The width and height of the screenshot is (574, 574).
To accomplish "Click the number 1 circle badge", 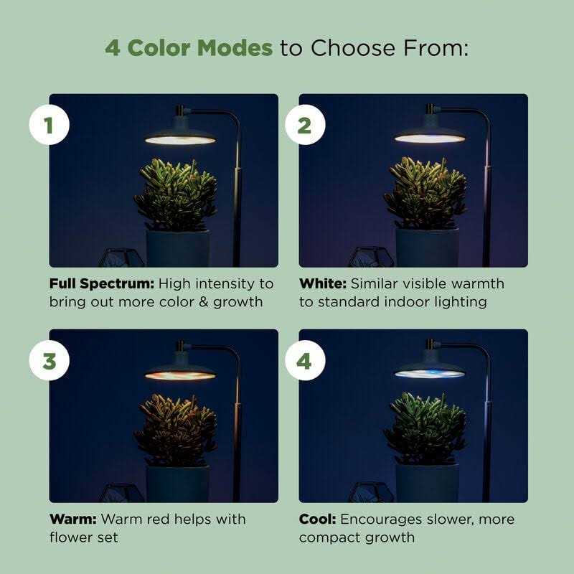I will click(x=49, y=126).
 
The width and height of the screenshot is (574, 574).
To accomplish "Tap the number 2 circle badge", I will click(x=304, y=126).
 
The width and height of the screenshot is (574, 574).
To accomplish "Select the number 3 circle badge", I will click(x=49, y=361).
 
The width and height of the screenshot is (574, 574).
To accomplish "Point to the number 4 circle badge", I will click(x=304, y=361).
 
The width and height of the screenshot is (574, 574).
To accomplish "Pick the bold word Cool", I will click(x=317, y=519).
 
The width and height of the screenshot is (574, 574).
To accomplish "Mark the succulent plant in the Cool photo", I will click(x=425, y=429).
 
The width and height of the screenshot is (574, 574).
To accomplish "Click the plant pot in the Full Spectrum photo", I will click(x=178, y=248).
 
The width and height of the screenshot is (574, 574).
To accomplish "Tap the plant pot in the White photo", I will click(x=428, y=248).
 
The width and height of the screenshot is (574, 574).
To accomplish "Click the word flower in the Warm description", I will click(x=68, y=537).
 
